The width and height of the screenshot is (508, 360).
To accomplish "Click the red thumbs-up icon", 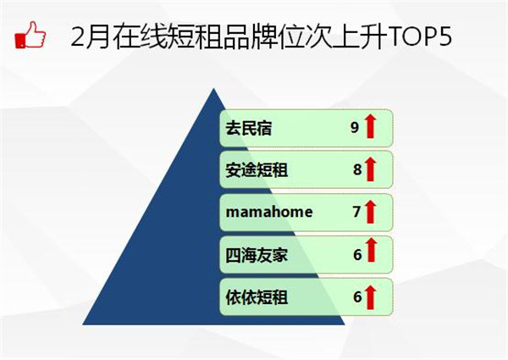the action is [30, 35].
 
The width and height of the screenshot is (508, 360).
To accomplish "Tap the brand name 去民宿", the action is [248, 128].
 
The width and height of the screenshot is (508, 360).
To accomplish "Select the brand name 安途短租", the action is [257, 169].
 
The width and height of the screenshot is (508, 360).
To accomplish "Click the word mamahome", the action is [269, 212].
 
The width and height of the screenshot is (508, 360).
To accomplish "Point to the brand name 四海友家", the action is [257, 255].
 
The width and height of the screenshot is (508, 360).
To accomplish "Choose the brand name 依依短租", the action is [257, 296].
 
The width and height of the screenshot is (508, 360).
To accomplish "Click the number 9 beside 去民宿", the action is [355, 127].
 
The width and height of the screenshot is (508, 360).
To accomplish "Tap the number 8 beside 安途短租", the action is [357, 169].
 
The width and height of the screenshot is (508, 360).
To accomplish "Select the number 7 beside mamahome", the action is [356, 212].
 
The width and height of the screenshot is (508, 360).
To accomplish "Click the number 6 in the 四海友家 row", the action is [357, 255].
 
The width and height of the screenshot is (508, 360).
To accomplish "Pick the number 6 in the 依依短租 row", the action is [357, 296].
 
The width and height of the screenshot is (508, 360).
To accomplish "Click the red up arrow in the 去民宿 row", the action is [370, 126].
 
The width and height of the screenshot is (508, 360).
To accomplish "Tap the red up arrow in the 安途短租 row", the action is [370, 169].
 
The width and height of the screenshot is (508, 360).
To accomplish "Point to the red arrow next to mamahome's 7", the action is [370, 212].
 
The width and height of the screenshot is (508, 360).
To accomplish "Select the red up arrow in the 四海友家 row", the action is [372, 250].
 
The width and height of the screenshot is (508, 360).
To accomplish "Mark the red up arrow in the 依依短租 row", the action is [370, 297].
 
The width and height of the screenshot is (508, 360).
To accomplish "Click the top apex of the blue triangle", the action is [213, 88].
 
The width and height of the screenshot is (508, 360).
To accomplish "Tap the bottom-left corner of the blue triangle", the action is [83, 324].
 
